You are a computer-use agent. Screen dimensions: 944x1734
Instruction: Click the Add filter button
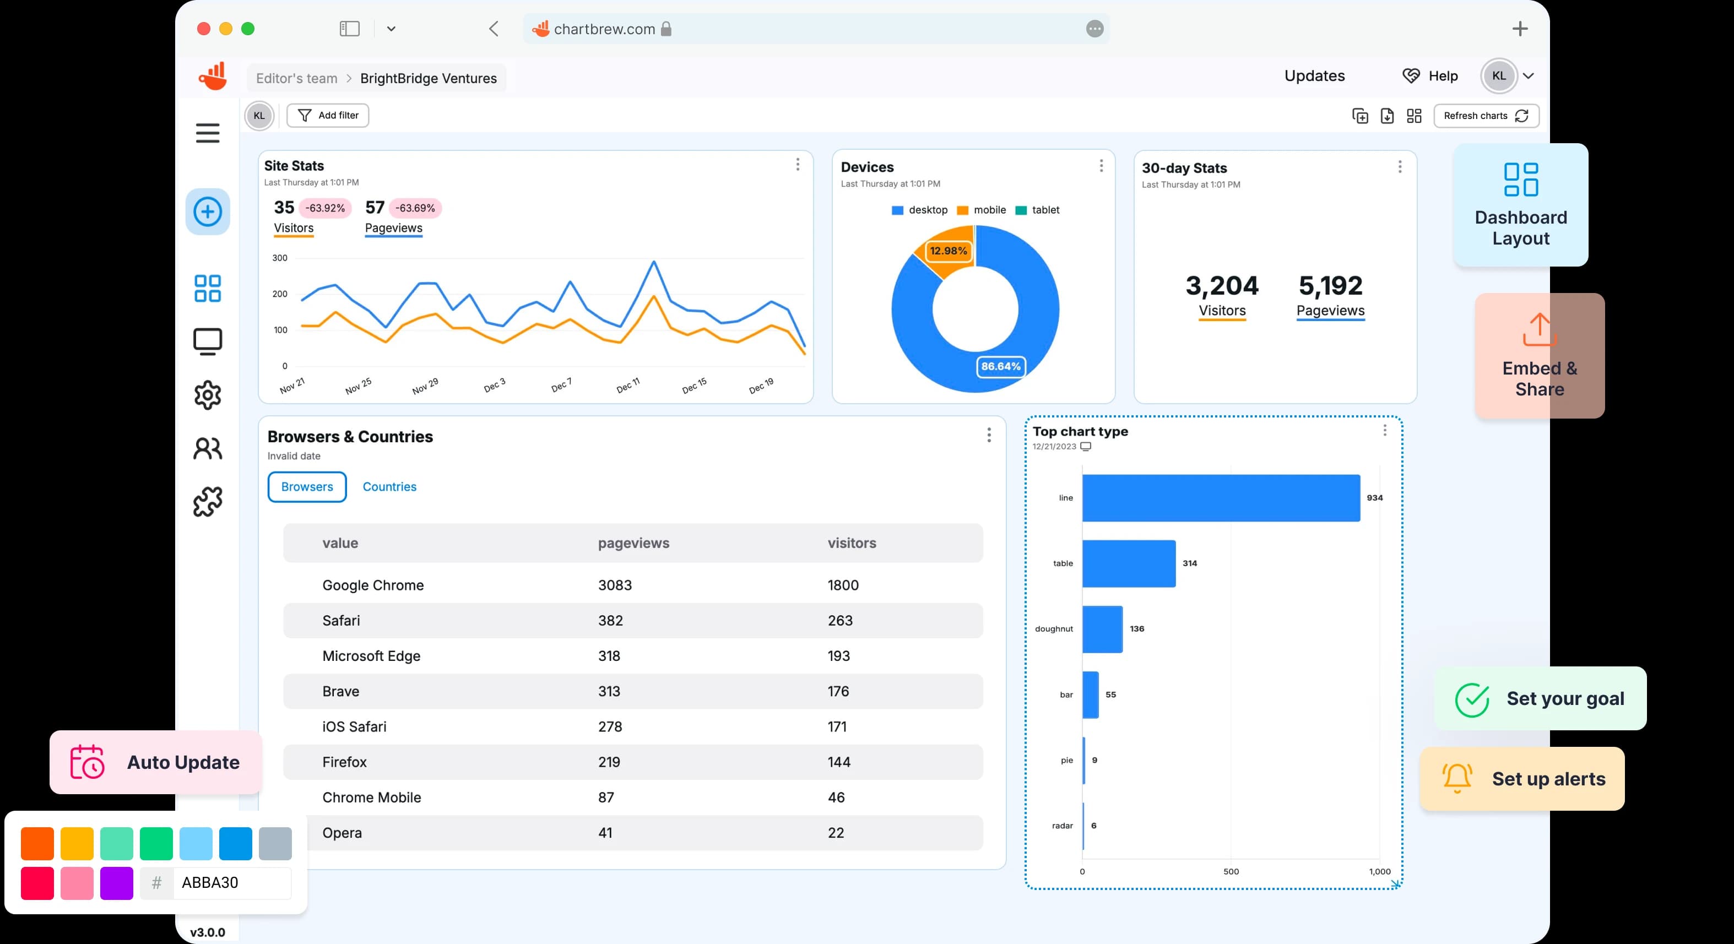(328, 115)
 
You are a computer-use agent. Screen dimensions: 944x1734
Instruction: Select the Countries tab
(389, 486)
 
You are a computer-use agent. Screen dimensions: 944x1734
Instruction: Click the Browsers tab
(307, 486)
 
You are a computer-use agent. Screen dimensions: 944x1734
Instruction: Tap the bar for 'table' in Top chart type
(1128, 563)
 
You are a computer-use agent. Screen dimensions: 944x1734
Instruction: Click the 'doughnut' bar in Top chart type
(1102, 628)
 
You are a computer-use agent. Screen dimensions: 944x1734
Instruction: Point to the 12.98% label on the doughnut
(948, 251)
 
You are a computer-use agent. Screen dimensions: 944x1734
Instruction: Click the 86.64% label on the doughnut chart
(1000, 366)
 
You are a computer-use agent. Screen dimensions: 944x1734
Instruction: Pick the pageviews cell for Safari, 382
(610, 620)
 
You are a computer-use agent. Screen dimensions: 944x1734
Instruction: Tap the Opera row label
(342, 832)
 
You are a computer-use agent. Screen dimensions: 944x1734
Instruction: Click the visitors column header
(852, 542)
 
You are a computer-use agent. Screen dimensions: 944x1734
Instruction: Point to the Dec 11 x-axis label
(627, 386)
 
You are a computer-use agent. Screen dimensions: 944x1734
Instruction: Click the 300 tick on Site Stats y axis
(279, 258)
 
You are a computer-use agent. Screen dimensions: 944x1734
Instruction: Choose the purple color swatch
(116, 883)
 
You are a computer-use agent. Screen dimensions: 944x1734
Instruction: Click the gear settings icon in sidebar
(207, 395)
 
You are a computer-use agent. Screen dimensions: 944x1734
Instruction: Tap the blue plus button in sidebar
(207, 212)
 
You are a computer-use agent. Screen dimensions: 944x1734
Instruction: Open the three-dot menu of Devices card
(1101, 166)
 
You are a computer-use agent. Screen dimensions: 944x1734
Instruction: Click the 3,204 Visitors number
(1221, 286)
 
